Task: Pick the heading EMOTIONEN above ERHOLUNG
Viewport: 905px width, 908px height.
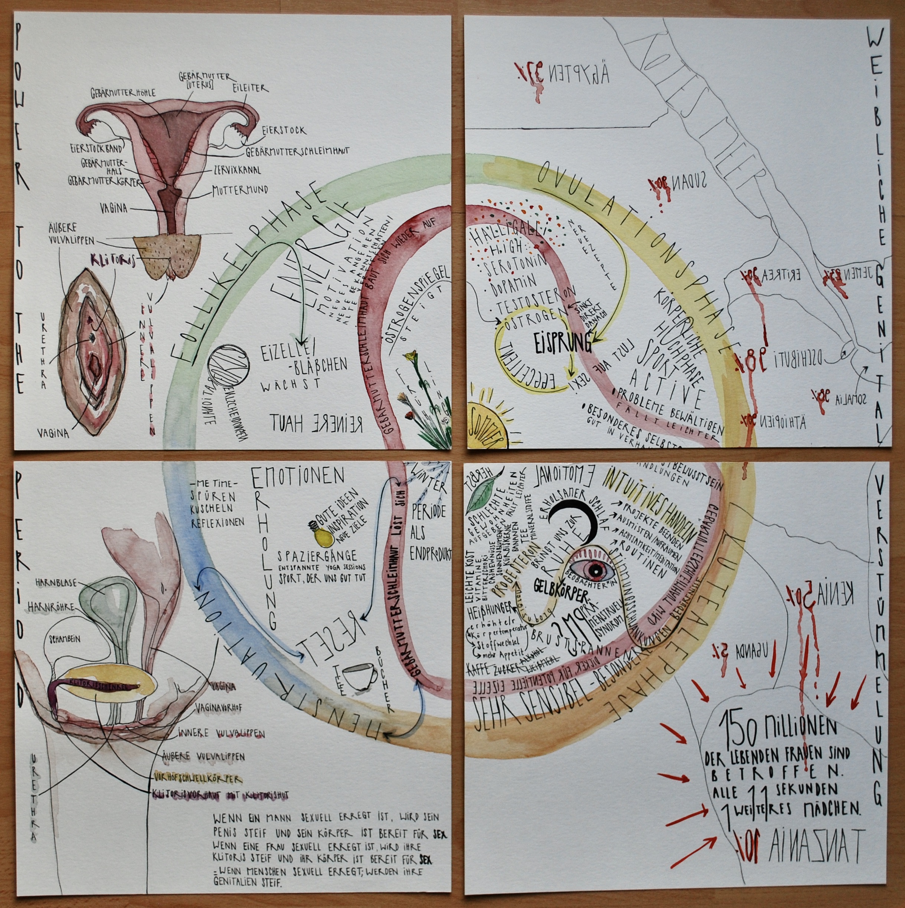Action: (299, 478)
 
